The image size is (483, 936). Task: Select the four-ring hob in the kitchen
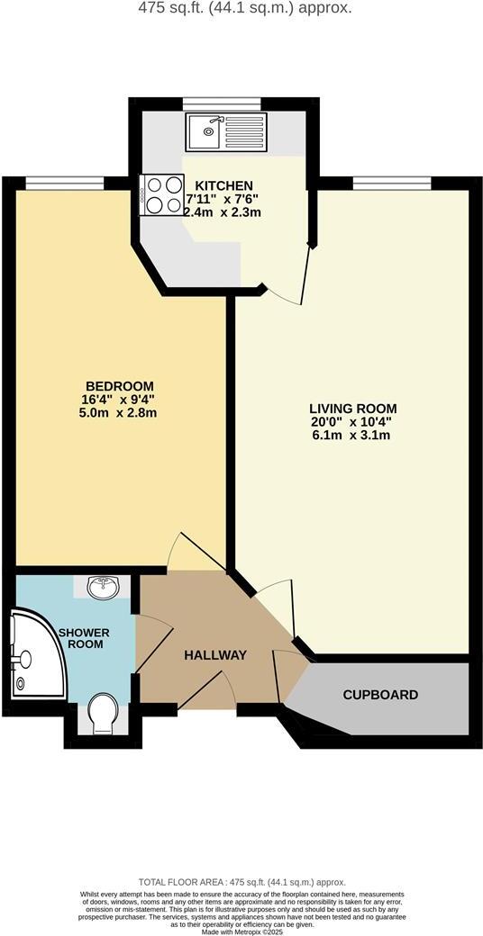(161, 194)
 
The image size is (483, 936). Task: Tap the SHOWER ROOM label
(83, 638)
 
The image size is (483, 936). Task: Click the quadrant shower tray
(34, 653)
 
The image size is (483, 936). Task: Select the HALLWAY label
(214, 655)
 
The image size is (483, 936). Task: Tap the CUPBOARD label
(380, 695)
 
